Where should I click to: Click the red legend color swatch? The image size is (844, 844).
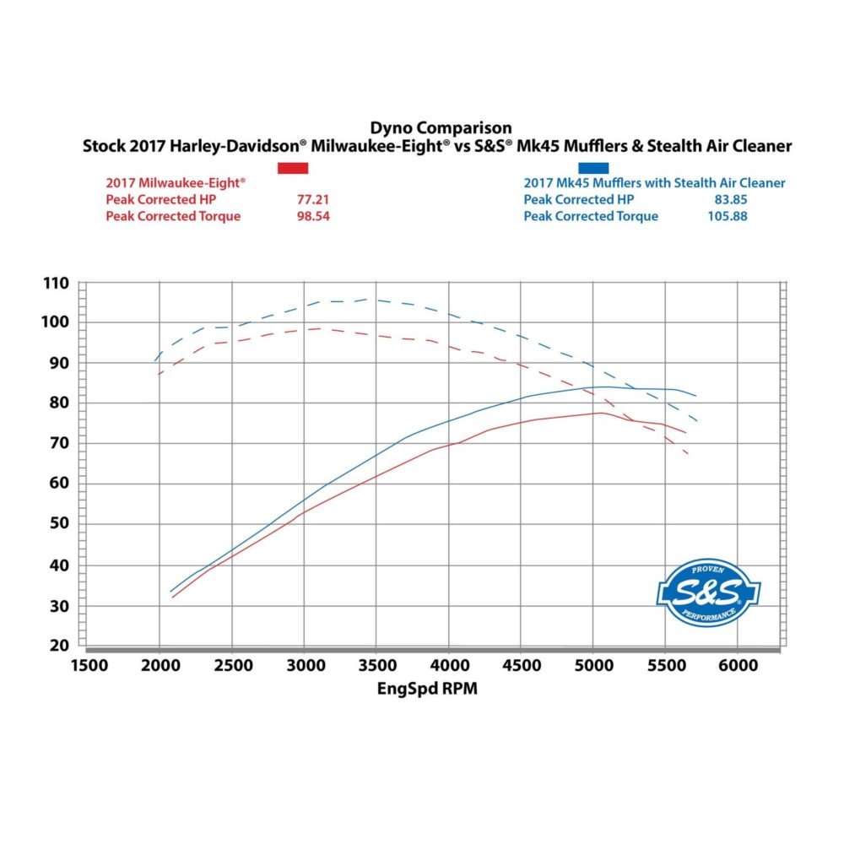(x=293, y=168)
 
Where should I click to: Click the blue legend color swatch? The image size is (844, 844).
(x=592, y=168)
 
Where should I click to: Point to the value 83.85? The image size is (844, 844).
(x=729, y=199)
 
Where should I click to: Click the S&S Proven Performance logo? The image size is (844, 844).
(x=708, y=592)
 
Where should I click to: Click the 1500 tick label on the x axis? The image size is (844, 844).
(x=89, y=666)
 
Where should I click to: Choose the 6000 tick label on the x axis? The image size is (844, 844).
(x=738, y=666)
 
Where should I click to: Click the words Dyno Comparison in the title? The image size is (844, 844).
(x=441, y=128)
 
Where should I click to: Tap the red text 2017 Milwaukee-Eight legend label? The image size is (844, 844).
(x=176, y=182)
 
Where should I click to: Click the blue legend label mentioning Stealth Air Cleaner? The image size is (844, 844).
(x=654, y=182)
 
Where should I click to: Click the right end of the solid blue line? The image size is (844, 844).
(x=696, y=396)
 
